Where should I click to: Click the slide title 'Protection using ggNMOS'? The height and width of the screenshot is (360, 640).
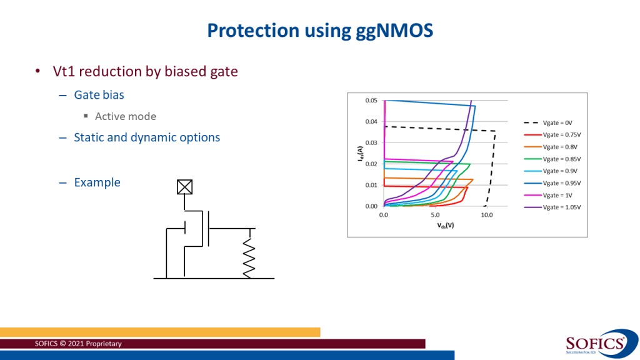[319, 31]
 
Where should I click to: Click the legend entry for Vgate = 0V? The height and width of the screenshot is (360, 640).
[562, 123]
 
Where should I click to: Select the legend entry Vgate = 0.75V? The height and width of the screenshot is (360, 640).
[562, 135]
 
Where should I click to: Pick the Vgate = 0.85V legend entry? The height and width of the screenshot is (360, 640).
[562, 159]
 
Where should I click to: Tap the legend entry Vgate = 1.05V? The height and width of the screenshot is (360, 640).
[562, 207]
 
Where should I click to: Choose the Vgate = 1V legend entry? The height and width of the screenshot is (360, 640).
[562, 195]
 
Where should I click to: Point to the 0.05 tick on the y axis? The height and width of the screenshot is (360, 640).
[371, 101]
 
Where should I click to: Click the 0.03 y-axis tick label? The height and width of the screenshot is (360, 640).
[371, 142]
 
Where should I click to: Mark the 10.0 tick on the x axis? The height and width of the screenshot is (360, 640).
[487, 215]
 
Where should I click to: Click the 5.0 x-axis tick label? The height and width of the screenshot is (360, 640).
[435, 215]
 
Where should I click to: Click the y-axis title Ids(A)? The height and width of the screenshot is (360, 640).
[358, 154]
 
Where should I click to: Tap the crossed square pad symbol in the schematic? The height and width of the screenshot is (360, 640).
[184, 186]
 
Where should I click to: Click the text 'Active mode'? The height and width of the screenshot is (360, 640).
[126, 116]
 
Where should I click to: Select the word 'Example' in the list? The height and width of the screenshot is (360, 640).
[97, 182]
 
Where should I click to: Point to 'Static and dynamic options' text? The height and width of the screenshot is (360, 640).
[147, 137]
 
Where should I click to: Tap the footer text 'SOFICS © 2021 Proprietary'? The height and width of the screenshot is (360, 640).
[79, 344]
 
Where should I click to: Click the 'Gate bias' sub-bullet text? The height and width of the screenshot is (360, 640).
[99, 95]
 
